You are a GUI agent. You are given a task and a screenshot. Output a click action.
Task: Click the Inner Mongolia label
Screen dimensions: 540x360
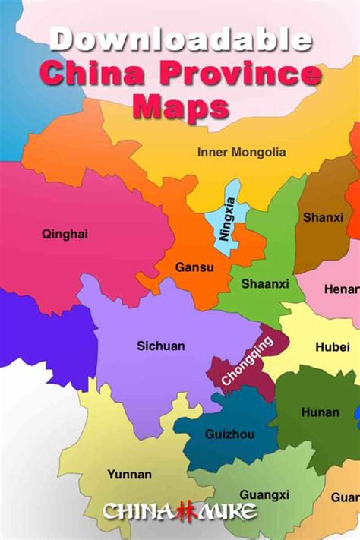point(242,152)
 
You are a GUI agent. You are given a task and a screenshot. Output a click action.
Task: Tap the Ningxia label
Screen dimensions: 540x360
point(226,219)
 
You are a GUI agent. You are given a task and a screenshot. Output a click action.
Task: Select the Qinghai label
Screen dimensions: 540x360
point(65,234)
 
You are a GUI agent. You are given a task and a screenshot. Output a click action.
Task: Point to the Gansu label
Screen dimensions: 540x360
point(194,267)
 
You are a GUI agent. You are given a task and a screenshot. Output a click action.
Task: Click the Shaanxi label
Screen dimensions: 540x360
point(265,284)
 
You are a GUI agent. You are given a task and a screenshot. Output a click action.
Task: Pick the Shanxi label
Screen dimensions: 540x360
point(323,217)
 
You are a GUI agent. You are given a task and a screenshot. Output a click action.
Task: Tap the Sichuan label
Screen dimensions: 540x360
point(160,346)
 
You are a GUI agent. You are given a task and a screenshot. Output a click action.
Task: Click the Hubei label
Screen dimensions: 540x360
point(333,347)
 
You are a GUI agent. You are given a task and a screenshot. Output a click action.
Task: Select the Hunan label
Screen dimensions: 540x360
point(321,412)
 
